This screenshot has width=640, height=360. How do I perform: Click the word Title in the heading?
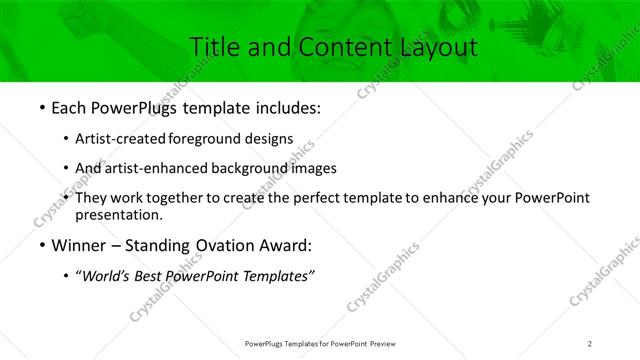(x=213, y=46)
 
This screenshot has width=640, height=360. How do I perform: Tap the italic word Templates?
(x=283, y=277)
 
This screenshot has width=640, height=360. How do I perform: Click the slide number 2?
(x=590, y=343)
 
